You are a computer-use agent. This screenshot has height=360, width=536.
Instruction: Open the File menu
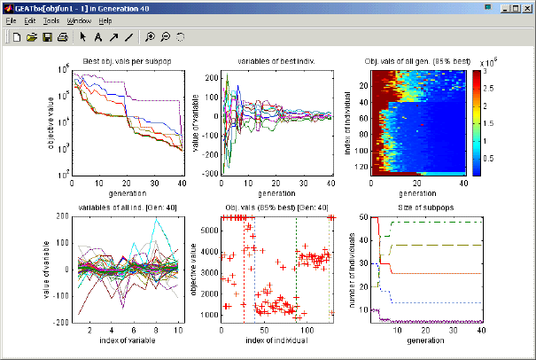click(11, 20)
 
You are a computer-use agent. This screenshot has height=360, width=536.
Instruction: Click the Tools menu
click(51, 20)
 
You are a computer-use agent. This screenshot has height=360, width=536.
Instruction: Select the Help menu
click(105, 20)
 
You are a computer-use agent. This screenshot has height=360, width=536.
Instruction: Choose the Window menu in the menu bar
click(79, 20)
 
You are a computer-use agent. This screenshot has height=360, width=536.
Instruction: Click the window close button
click(526, 6)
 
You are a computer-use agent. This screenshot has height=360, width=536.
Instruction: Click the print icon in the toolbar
click(62, 37)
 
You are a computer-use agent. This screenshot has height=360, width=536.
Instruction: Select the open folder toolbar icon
click(32, 37)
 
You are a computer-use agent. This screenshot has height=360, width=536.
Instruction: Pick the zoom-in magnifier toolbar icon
click(151, 37)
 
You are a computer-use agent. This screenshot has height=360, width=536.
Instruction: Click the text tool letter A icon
click(98, 37)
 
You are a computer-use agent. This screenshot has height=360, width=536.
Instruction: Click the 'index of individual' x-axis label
click(276, 340)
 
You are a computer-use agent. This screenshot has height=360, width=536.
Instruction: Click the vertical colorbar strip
click(477, 121)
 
